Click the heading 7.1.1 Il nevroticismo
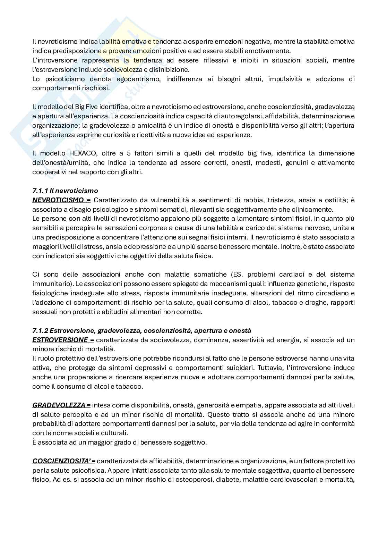(65, 191)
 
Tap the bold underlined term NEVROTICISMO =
(61, 200)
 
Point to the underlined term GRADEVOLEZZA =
(61, 405)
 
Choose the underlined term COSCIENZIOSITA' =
(64, 461)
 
